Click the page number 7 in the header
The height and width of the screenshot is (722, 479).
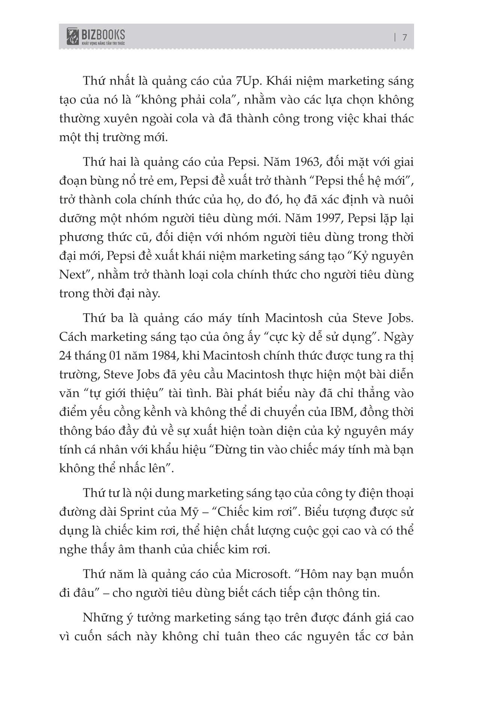(405, 37)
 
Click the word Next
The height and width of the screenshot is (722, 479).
(73, 275)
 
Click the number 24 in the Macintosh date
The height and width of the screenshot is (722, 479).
(66, 355)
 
